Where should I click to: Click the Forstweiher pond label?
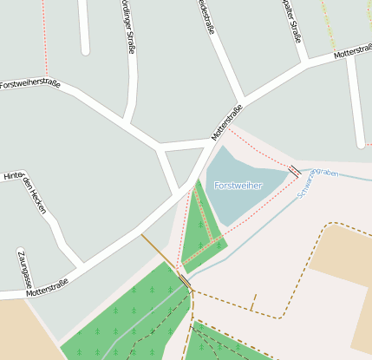pos(238,186)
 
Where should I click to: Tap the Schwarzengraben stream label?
pos(317,180)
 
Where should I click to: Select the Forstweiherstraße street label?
pos(30,84)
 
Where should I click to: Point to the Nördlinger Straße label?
pos(128,27)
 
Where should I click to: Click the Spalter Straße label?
pos(291,20)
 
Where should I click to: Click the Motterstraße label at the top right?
pos(353,52)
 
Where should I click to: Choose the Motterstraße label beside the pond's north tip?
pos(227,122)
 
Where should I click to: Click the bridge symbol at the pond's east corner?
pos(295,171)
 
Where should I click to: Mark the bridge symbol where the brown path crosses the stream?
pos(185,282)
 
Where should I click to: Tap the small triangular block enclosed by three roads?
pos(183,164)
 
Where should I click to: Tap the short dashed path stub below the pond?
pos(253,303)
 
